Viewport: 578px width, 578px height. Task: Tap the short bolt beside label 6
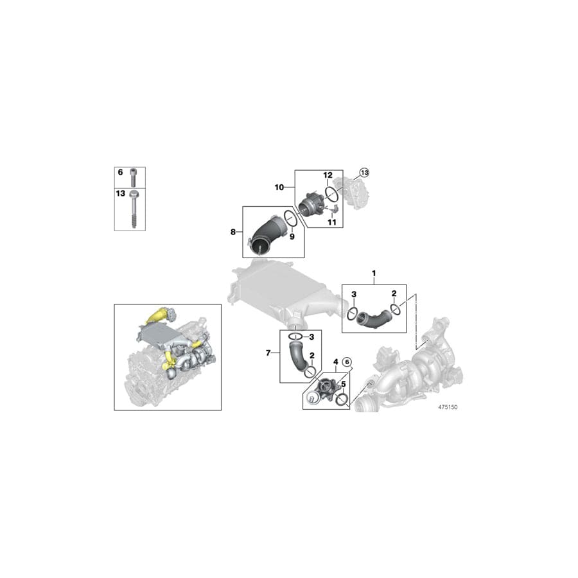134,176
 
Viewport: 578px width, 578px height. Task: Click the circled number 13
364,173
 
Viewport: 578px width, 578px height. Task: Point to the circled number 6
347,362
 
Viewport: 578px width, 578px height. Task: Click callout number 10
279,187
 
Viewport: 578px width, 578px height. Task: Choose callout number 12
327,175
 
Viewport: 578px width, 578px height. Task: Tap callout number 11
332,222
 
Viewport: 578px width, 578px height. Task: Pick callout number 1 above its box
374,274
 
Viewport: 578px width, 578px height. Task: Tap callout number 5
344,384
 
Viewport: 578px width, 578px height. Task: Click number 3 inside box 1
354,294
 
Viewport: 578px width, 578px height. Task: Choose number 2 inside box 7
311,355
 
